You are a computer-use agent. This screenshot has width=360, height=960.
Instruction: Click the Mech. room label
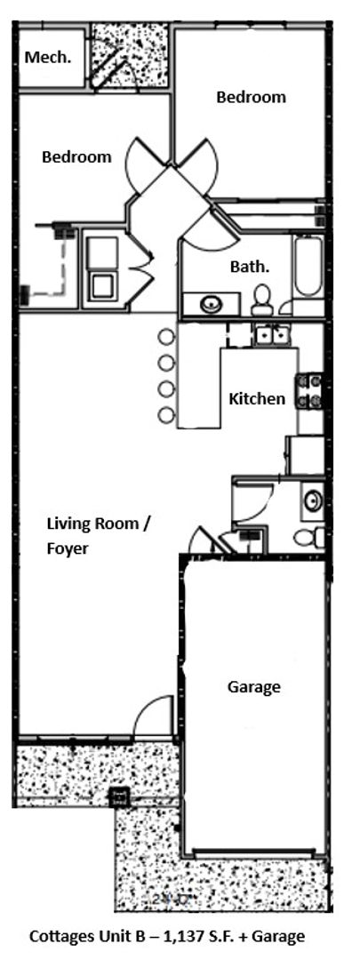tap(49, 57)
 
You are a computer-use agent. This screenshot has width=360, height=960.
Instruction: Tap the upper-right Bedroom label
tap(252, 97)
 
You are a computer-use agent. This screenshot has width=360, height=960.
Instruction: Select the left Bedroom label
tap(77, 157)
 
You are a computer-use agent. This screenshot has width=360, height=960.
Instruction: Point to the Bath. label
tap(250, 266)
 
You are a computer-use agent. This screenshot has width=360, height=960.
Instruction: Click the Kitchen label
tap(257, 398)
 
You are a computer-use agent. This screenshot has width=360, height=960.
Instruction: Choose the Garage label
tap(253, 686)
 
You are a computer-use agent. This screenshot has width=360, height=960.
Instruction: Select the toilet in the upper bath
tap(262, 300)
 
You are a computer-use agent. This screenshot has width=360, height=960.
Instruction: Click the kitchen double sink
tap(269, 336)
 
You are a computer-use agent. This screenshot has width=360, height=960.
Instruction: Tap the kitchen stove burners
tap(313, 392)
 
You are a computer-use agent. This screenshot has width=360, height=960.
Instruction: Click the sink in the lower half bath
tap(313, 500)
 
